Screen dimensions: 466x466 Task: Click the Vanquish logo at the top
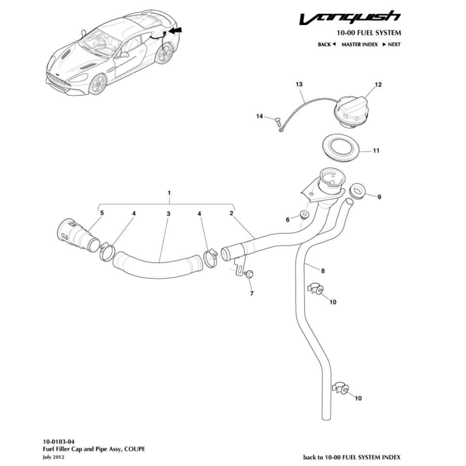[350, 18]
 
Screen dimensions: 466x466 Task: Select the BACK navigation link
[327, 44]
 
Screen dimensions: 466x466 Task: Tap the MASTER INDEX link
[359, 44]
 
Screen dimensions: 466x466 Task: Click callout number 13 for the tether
[299, 85]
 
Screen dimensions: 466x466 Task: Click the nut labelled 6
[305, 216]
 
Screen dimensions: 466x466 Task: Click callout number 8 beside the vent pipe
[323, 271]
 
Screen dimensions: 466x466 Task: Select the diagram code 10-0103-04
[58, 442]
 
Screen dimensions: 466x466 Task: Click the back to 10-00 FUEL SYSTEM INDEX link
[352, 457]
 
